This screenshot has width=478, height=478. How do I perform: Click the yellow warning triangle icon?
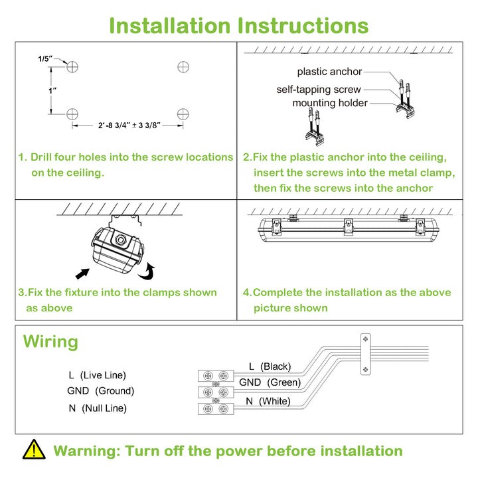coord(34,449)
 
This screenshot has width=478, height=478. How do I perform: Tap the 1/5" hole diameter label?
coord(45,59)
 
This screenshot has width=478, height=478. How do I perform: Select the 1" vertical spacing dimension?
coord(52,91)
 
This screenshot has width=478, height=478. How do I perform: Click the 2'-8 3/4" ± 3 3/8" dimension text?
coord(129,125)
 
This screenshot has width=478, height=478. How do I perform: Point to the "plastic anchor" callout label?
coord(329,72)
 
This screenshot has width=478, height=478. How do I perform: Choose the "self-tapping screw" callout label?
coord(319,90)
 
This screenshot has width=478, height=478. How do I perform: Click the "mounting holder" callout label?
coord(330,103)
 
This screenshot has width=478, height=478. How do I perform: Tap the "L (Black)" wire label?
coord(270,366)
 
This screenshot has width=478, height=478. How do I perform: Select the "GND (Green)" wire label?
coord(270,382)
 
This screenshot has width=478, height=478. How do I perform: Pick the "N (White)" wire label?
coord(268,401)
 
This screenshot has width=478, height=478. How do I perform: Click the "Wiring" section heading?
coord(50,341)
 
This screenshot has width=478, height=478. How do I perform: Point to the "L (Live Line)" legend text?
coord(97,375)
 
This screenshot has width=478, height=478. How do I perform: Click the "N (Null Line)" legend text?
coord(98,408)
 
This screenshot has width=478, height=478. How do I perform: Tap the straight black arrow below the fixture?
coord(82,274)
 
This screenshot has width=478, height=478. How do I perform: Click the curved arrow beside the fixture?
coord(147,272)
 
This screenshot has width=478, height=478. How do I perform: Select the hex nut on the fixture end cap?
coord(120,240)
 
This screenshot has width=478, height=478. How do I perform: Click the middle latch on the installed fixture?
coord(349,227)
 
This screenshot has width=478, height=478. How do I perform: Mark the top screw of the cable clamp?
coord(366,339)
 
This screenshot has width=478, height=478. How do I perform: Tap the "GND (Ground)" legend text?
coord(101,390)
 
